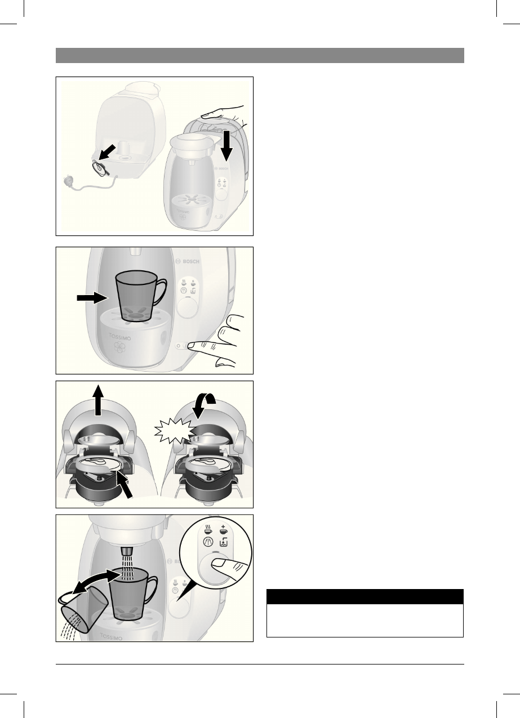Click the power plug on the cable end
[71, 183]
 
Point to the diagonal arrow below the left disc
[126, 484]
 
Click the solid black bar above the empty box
[365, 596]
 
